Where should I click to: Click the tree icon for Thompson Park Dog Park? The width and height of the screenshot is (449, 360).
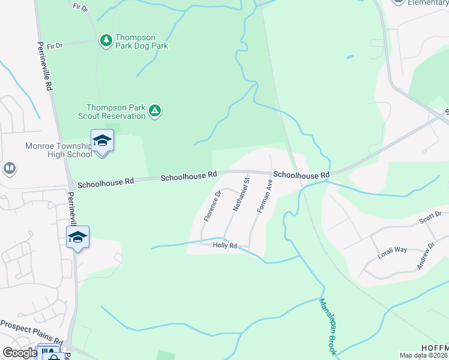point(106,40)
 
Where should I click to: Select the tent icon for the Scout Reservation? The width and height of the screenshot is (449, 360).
point(155,110)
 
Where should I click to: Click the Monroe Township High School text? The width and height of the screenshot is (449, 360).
point(58,150)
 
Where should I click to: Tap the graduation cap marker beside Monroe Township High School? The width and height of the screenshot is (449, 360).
point(102,141)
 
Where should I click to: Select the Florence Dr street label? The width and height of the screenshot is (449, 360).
point(212,206)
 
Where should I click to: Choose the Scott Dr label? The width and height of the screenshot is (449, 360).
point(430,217)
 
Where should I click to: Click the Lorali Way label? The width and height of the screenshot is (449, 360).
point(393,250)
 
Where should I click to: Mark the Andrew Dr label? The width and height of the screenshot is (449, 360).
point(423,254)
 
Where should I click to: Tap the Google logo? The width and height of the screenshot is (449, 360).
point(20,352)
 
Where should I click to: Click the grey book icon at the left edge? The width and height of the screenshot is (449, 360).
point(9,169)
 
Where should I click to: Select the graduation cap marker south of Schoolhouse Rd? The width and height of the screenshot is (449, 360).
point(78,237)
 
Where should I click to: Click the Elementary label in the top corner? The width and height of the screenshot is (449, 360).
point(428,2)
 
